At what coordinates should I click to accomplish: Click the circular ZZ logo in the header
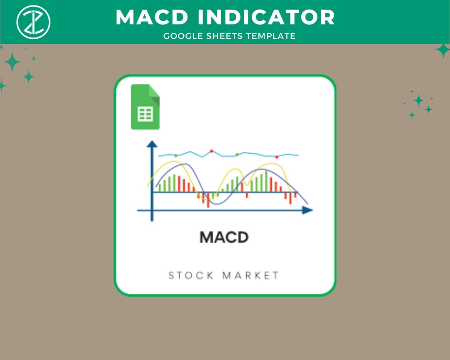[x=33, y=21]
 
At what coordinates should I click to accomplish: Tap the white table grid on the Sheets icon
[x=145, y=114]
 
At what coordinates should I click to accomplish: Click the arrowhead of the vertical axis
[x=152, y=144]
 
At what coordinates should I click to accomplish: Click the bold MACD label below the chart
[x=224, y=237]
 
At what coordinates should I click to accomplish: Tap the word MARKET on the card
[x=251, y=275]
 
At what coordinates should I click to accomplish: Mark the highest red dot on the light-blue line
[x=211, y=151]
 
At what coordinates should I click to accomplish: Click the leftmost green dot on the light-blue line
[x=175, y=155]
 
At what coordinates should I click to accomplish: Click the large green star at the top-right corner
[x=442, y=50]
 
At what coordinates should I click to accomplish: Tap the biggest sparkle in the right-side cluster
[x=418, y=100]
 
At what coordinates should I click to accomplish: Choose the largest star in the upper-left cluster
[x=12, y=62]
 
